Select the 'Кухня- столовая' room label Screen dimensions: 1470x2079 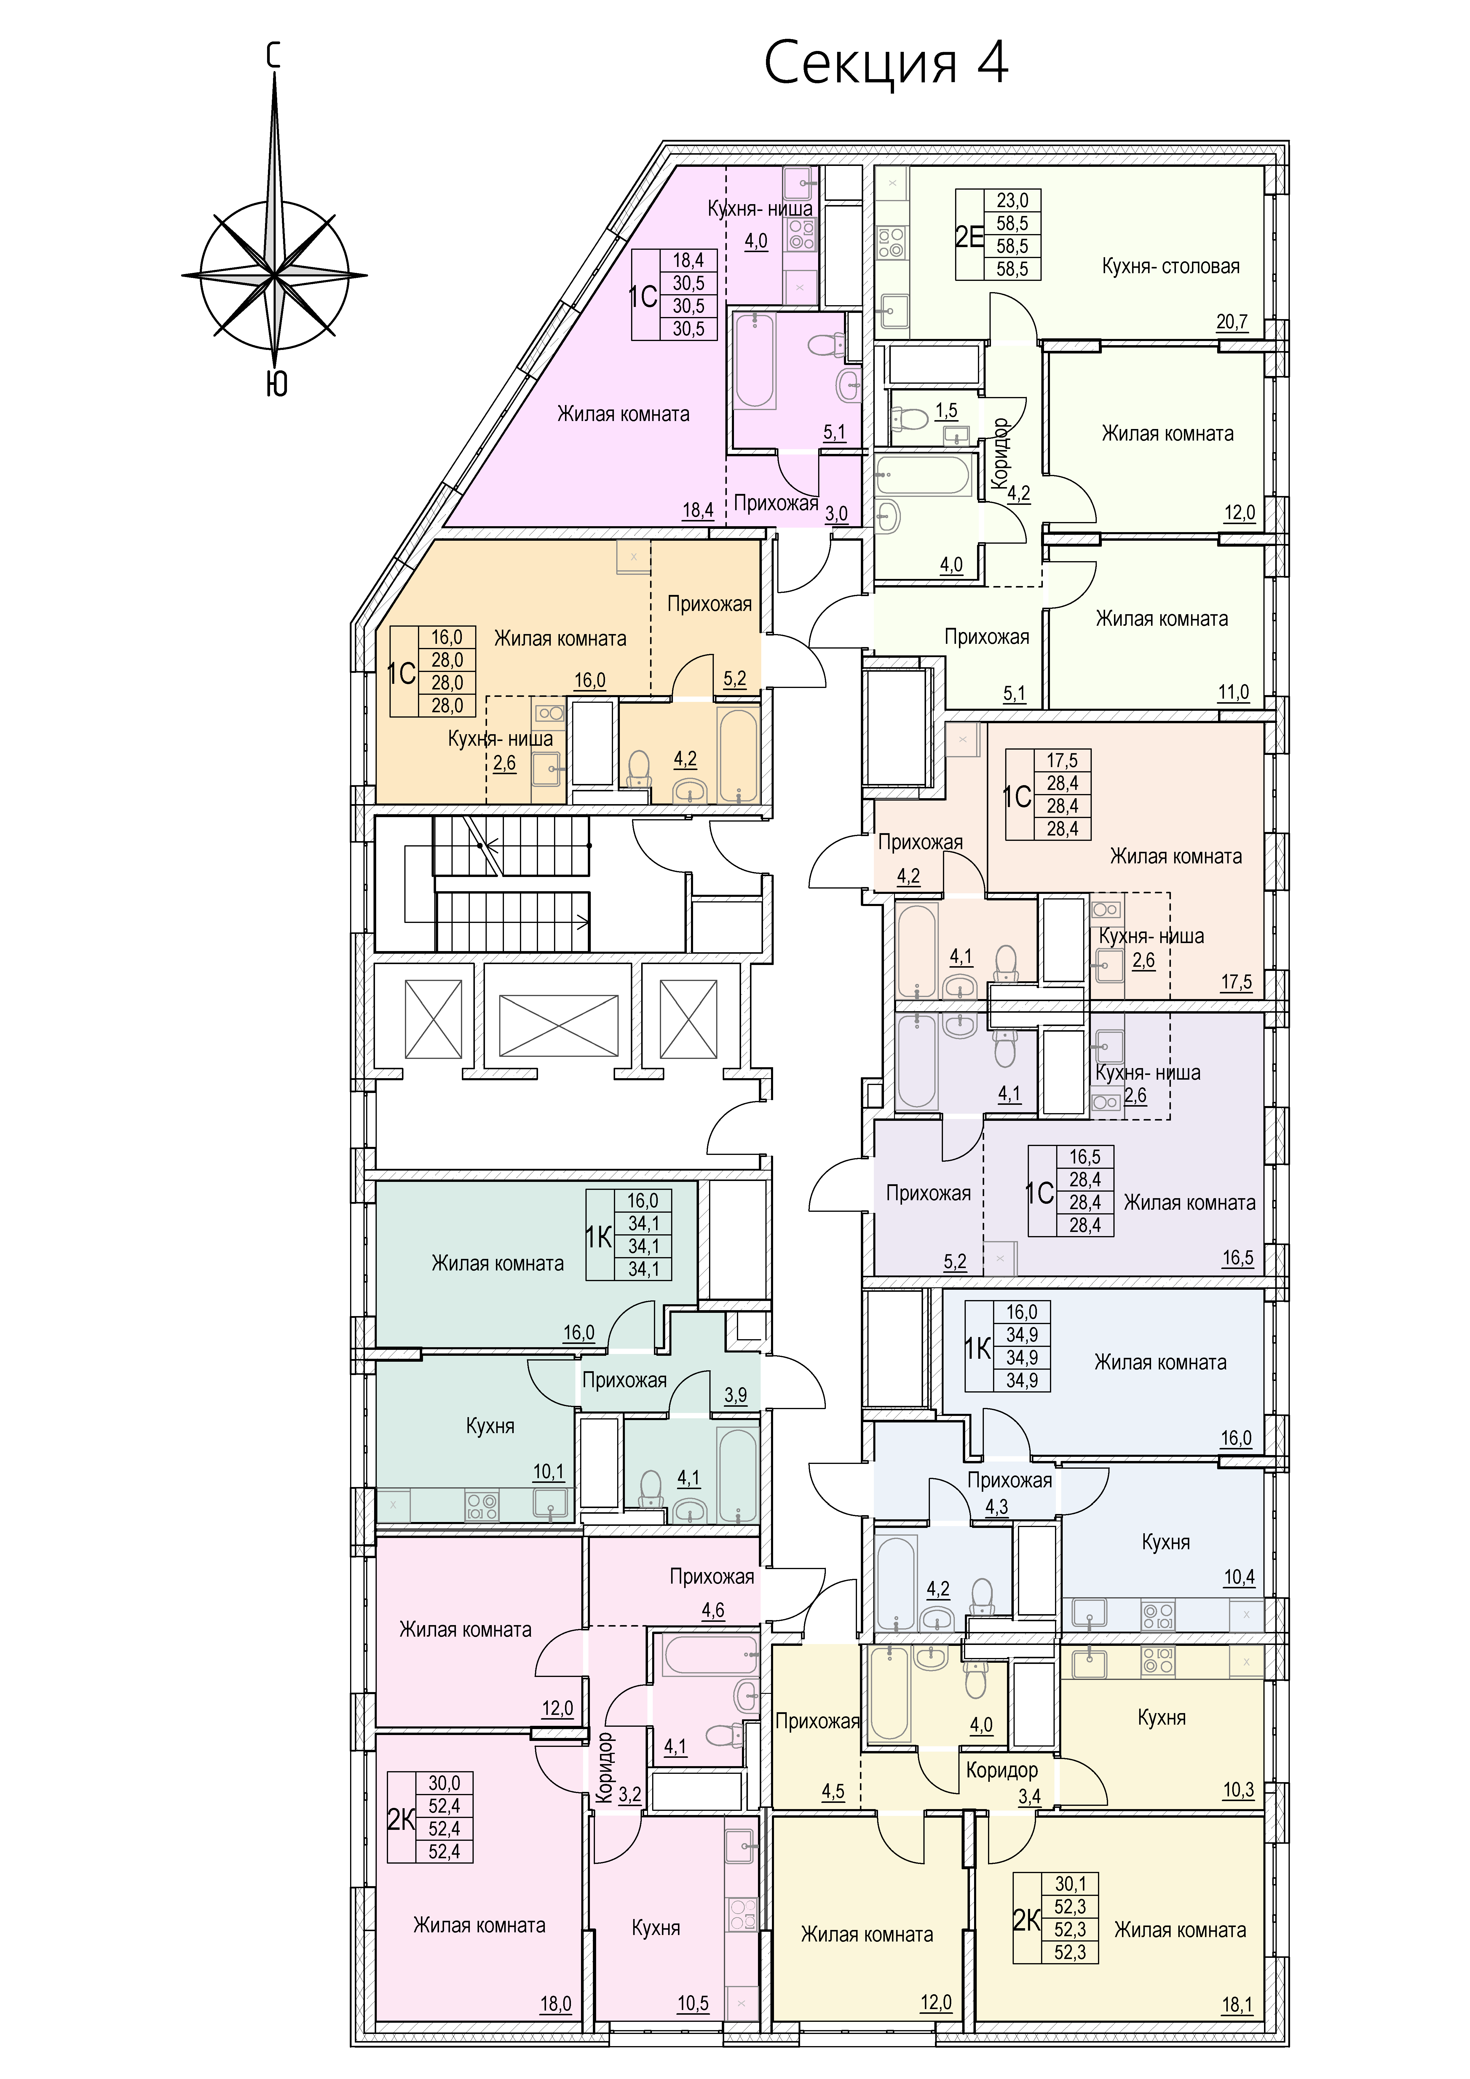tap(1170, 266)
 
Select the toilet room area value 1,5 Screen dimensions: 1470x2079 tap(947, 410)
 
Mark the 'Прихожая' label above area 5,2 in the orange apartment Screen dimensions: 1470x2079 tap(709, 604)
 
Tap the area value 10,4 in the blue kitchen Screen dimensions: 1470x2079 tap(1239, 1577)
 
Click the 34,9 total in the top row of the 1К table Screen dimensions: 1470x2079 tap(1022, 1335)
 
